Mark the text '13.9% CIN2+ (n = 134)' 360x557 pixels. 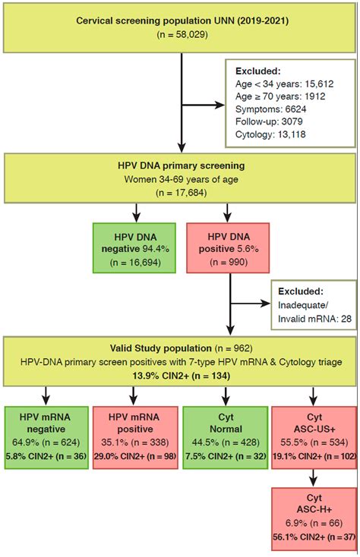click(178, 377)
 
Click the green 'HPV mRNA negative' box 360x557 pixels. click(45, 430)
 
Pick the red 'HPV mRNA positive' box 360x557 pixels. click(134, 430)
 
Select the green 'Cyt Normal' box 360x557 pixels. click(225, 430)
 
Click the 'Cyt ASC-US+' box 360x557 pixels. click(314, 430)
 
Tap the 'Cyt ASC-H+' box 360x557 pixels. click(314, 515)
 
